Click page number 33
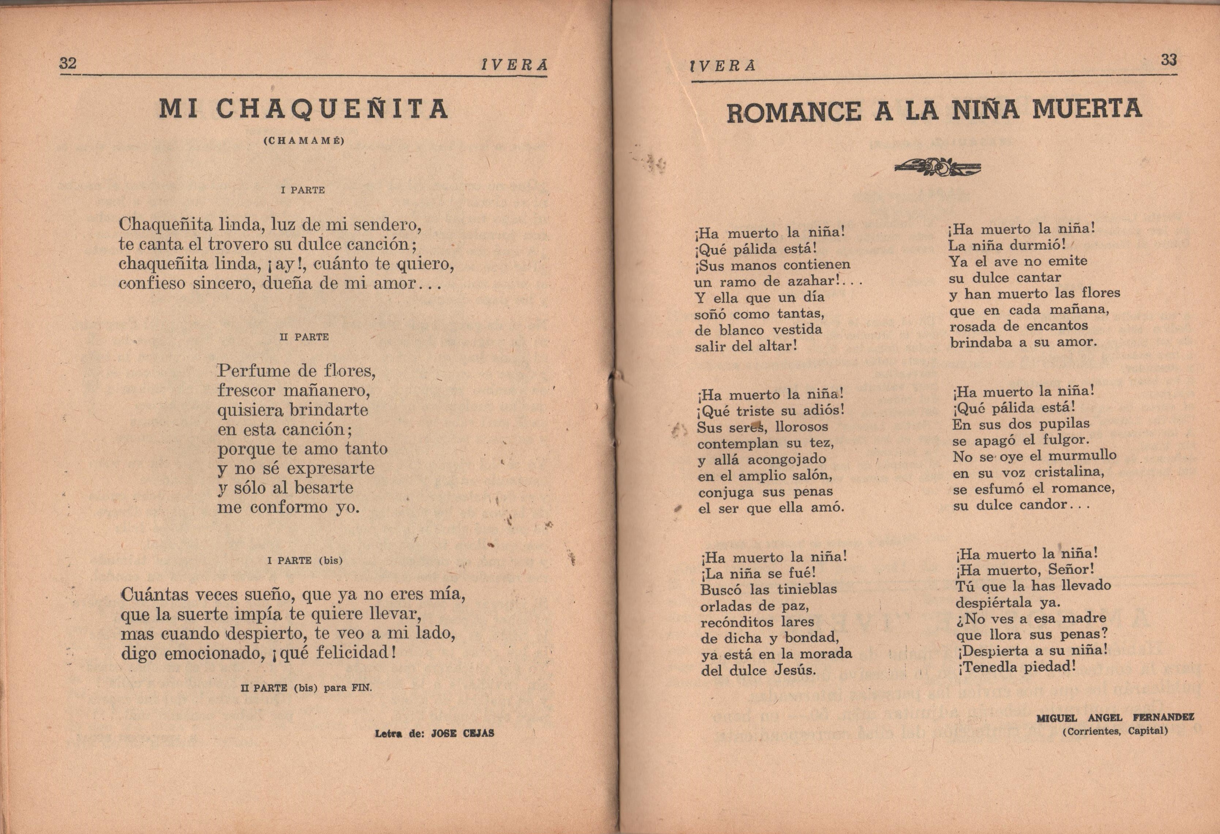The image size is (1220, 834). coord(1168,60)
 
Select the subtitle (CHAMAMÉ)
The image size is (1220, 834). coord(304,141)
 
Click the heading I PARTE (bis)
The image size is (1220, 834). coord(305,561)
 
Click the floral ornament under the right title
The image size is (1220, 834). coord(937,167)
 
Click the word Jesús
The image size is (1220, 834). coord(795,670)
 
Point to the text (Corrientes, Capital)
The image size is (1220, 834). coord(1115,731)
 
